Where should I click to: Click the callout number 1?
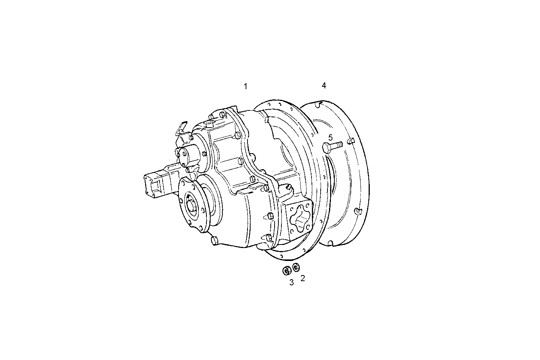(x=246, y=86)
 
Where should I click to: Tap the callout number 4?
(x=324, y=85)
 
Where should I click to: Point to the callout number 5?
(x=331, y=137)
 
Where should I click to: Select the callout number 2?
(x=303, y=278)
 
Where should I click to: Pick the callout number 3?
(x=291, y=282)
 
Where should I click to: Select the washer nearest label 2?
(x=296, y=268)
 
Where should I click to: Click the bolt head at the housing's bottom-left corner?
(x=214, y=240)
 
